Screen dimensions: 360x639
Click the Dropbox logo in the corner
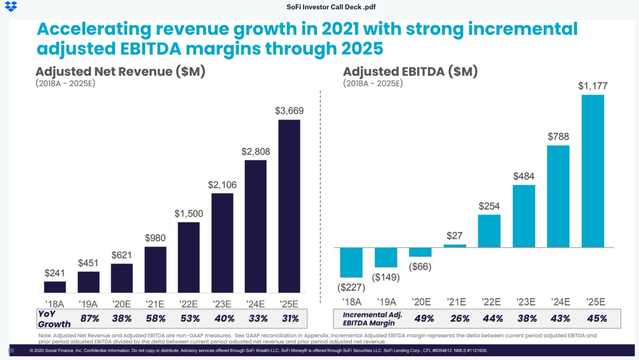coord(10,7)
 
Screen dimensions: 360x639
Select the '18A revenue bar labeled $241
coord(55,287)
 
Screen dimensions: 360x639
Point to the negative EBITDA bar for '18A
coord(351,263)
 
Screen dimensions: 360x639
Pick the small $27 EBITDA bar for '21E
coord(455,246)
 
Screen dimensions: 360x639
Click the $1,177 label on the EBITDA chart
coord(593,86)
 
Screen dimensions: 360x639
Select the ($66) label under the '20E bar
coord(420,266)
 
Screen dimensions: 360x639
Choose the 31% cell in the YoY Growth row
coord(289,319)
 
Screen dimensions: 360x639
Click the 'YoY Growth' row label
coord(53,318)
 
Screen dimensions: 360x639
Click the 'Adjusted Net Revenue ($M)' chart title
coord(120,72)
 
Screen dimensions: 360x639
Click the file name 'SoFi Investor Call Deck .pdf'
coord(319,7)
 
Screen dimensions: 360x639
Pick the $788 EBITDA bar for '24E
coord(558,196)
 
